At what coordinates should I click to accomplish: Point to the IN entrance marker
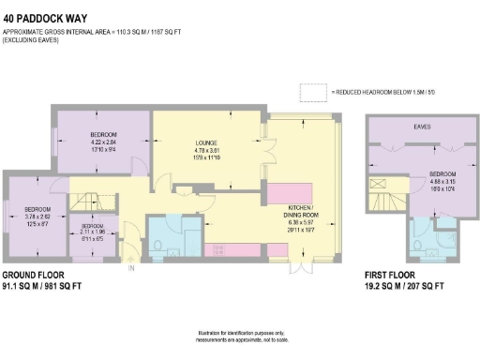point(131,268)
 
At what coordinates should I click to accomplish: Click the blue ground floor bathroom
point(174,235)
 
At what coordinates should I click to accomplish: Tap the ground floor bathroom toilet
point(159,247)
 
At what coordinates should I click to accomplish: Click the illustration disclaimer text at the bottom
point(240,336)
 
